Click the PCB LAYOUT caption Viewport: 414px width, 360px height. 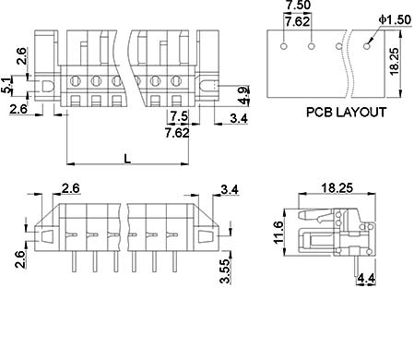click(346, 112)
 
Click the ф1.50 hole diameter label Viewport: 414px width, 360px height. click(395, 19)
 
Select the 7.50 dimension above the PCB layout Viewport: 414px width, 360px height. click(298, 6)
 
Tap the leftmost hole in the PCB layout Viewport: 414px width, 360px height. click(284, 46)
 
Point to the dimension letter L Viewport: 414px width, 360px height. click(127, 159)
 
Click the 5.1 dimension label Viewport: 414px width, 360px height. click(6, 86)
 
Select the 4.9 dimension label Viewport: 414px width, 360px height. click(243, 96)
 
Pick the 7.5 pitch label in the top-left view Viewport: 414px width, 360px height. click(179, 116)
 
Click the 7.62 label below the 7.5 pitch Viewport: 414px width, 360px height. click(177, 133)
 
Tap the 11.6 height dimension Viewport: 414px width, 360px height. click(278, 233)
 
